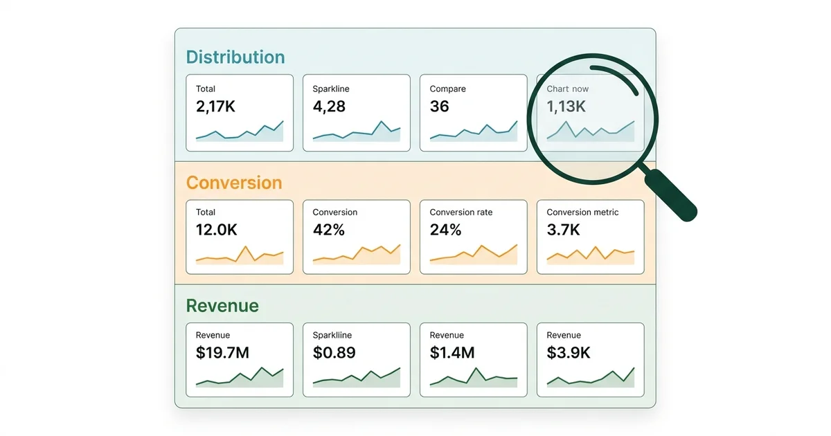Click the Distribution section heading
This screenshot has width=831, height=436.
(235, 57)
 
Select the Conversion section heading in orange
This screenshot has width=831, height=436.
(234, 183)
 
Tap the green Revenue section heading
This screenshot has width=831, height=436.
(222, 306)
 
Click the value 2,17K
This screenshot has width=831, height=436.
(217, 107)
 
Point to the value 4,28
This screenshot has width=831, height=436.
(329, 107)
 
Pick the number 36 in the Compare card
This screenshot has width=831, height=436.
(439, 107)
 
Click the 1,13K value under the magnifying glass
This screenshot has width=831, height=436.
(566, 107)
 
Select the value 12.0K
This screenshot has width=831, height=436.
(217, 230)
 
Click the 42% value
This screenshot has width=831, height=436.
(328, 230)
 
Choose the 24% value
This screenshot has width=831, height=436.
(445, 230)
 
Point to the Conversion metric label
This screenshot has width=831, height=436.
(582, 212)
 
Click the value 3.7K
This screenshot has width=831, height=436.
(564, 230)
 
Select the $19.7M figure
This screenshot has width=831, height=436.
(222, 353)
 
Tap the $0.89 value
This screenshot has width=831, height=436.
(334, 353)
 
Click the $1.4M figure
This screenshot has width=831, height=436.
(452, 353)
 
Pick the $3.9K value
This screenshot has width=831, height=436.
(569, 353)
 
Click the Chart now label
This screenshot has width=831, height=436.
(568, 89)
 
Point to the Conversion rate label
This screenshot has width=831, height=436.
(461, 212)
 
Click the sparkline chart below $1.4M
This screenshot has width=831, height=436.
(474, 378)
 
